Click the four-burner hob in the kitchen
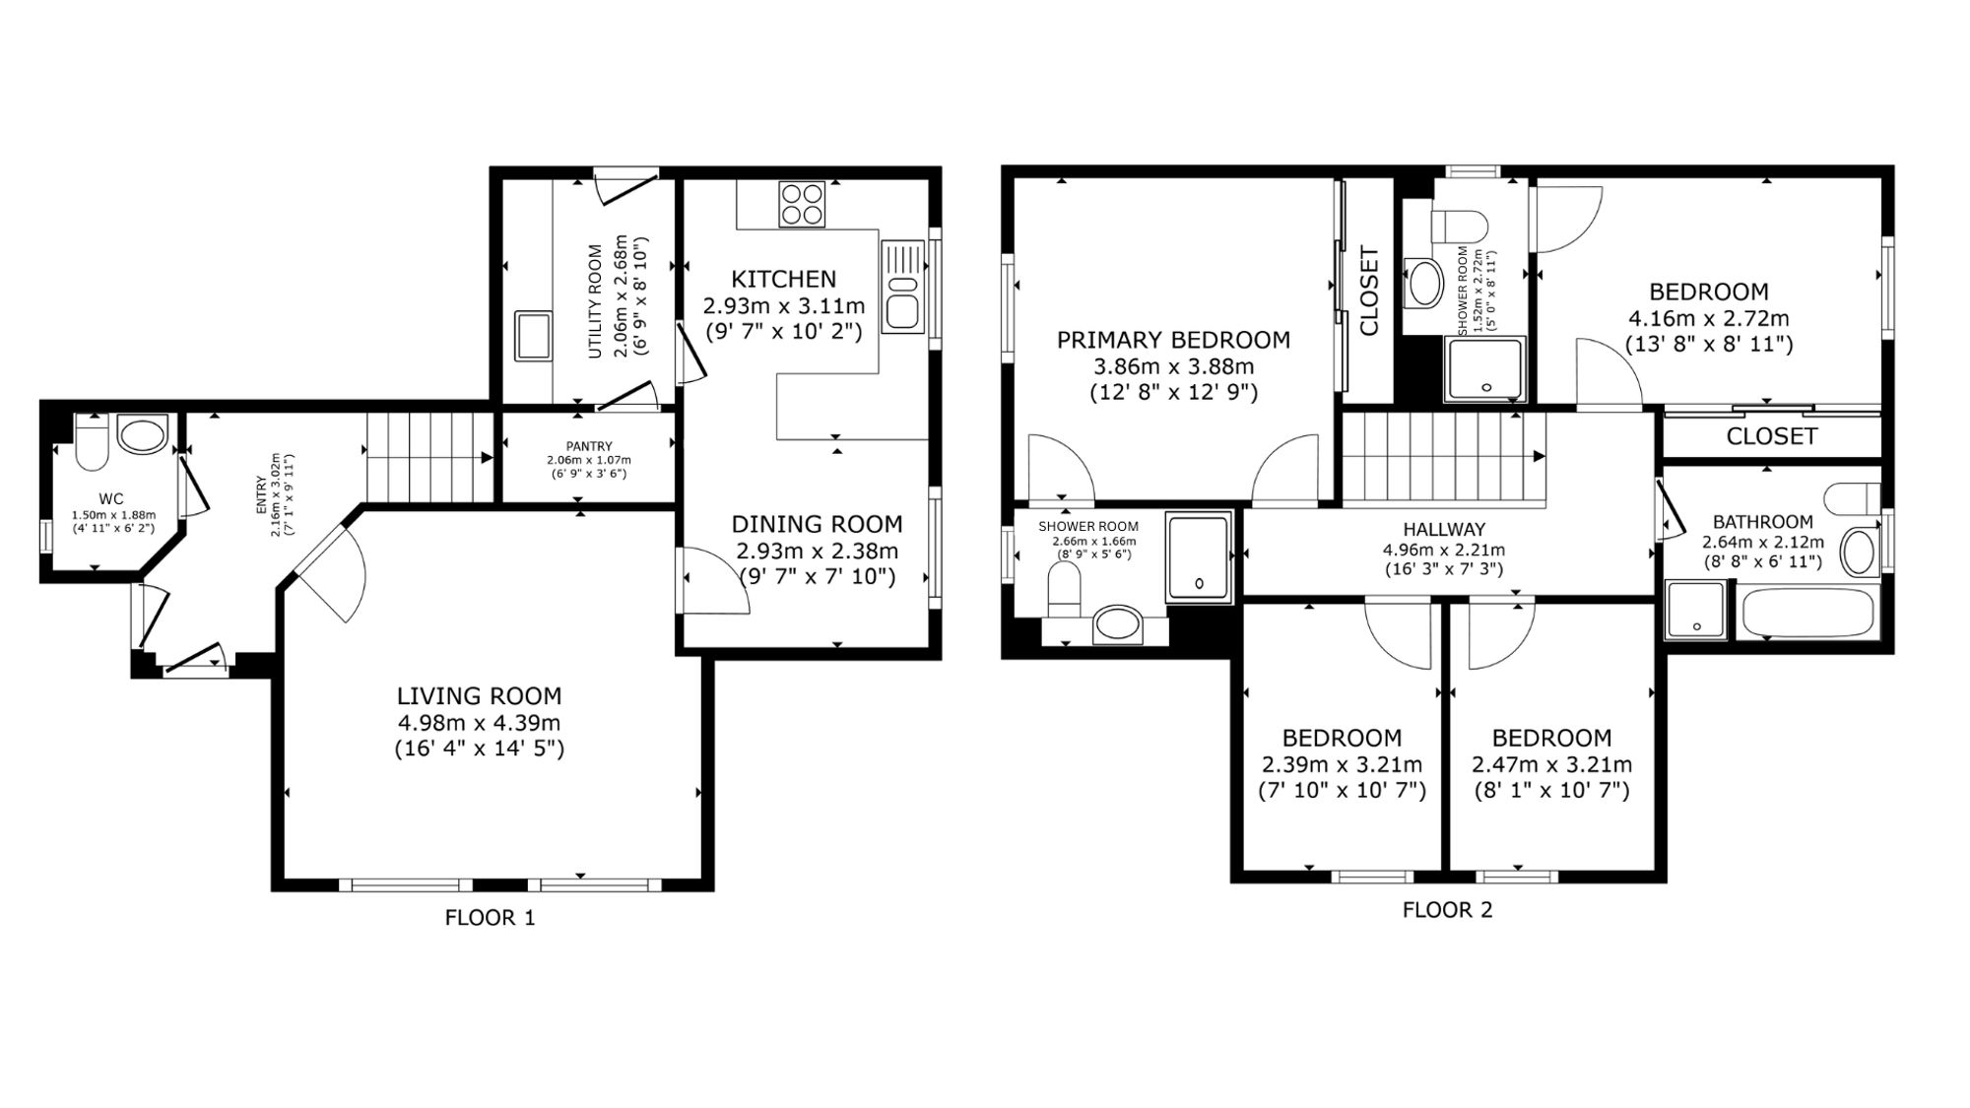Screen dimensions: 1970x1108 click(801, 204)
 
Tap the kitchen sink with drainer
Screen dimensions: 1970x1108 click(903, 286)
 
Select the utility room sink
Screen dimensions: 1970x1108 click(533, 335)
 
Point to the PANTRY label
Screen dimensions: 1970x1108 click(589, 446)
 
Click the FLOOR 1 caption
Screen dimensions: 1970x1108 click(491, 918)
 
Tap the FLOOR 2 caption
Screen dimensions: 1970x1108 click(1447, 910)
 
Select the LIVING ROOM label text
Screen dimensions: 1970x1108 click(479, 696)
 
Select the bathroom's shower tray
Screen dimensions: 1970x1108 click(1696, 609)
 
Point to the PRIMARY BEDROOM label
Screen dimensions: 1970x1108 click(1173, 341)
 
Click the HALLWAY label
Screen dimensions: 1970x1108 click(1444, 530)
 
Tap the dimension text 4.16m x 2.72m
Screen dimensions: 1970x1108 click(1709, 319)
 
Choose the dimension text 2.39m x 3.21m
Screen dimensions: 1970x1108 click(1342, 765)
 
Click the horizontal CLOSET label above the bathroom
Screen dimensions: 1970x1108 click(1772, 436)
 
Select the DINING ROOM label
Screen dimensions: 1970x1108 click(817, 524)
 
